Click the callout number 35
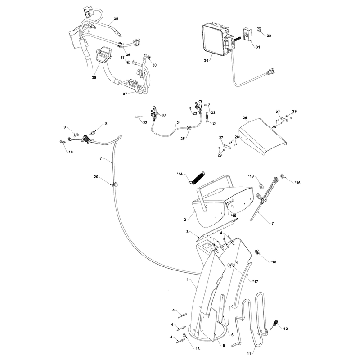pos(116,18)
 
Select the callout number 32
pos(269,36)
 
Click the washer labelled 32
pos(259,29)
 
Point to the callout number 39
pos(94,77)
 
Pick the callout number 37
pos(125,94)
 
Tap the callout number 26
pos(245,118)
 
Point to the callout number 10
pos(71,152)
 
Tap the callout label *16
pos(297,183)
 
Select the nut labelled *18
pos(257,252)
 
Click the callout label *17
pos(255,282)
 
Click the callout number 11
pos(249,354)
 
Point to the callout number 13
pos(198,349)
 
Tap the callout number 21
pos(179,123)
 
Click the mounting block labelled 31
pos(247,34)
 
